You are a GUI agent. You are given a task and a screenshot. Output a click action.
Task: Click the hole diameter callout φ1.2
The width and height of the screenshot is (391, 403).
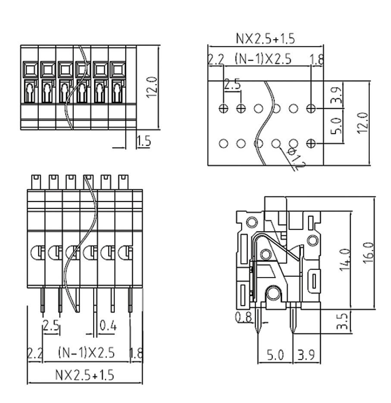[x=294, y=160]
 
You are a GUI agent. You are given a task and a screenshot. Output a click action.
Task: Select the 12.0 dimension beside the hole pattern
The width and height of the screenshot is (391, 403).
[x=363, y=122]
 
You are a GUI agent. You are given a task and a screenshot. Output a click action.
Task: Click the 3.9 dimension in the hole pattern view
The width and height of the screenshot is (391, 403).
[x=338, y=93]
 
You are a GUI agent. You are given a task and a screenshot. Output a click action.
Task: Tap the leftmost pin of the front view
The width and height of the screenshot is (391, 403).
[x=42, y=299]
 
